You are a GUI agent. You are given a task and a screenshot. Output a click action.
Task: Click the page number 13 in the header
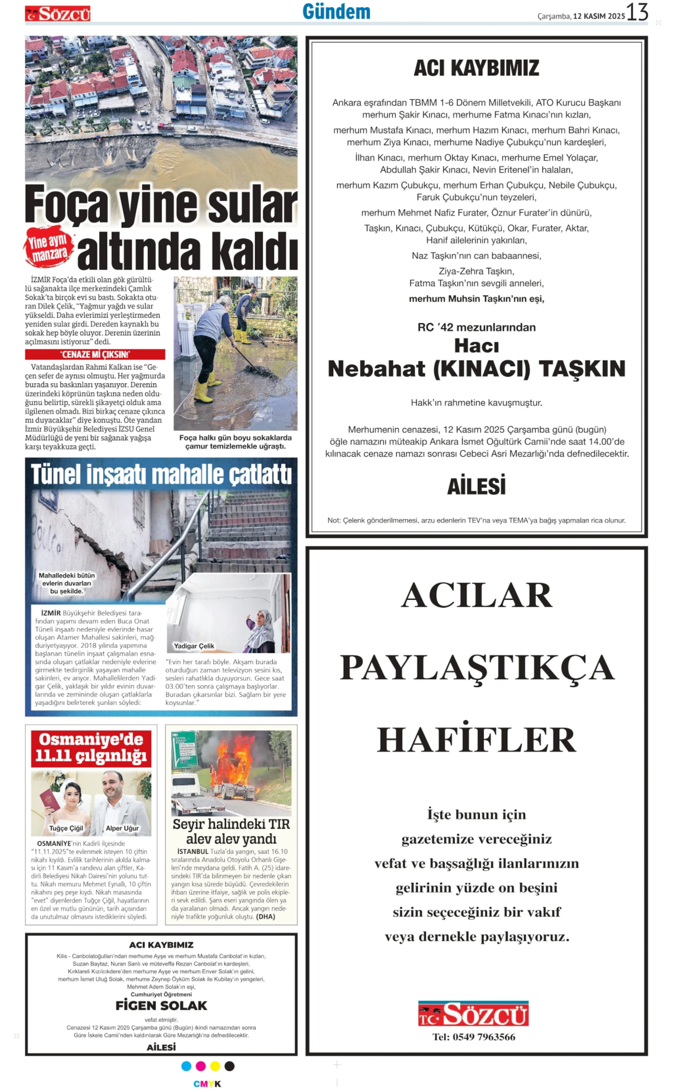tap(637, 12)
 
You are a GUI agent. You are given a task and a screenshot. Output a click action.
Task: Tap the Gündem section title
tap(336, 12)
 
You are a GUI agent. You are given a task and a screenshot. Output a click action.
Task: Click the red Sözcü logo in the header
tap(58, 14)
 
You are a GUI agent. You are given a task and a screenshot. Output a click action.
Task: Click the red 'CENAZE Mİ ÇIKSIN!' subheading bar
tap(95, 354)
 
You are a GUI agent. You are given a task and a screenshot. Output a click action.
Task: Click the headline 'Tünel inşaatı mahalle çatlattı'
tap(161, 474)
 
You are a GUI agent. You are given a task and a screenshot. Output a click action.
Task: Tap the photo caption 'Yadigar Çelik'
tap(194, 646)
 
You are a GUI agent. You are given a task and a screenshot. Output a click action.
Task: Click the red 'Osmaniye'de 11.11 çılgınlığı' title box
tap(91, 747)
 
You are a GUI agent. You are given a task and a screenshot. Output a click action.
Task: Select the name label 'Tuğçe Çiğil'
tap(66, 828)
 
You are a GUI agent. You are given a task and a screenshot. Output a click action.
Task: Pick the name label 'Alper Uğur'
tap(122, 828)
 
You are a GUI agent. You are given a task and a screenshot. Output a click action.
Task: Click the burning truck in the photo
tap(232, 767)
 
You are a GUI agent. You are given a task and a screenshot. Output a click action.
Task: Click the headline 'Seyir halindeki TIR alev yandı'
tap(231, 832)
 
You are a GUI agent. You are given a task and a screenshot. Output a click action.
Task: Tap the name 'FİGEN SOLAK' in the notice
tap(161, 1006)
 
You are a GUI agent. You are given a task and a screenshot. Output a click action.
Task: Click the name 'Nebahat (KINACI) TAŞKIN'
tap(476, 369)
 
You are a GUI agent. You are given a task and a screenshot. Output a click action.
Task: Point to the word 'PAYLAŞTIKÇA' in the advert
tap(477, 667)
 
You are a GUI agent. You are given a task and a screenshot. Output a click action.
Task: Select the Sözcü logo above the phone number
tap(473, 1014)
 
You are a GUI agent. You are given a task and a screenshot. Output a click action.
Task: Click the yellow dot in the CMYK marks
tap(215, 1066)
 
